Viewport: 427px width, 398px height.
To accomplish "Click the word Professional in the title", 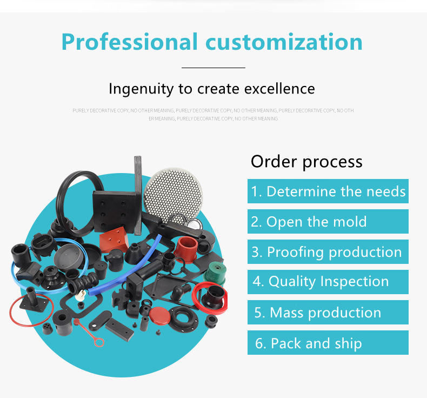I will pos(129,42).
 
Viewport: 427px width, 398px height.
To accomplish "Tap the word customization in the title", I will pos(281,42).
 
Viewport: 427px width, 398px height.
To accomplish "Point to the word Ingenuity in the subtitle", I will pos(137,88).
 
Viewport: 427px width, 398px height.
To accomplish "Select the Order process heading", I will pos(306,161).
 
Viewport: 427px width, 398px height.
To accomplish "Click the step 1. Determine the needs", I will pos(328,191).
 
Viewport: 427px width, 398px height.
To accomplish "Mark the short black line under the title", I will pos(213,68).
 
